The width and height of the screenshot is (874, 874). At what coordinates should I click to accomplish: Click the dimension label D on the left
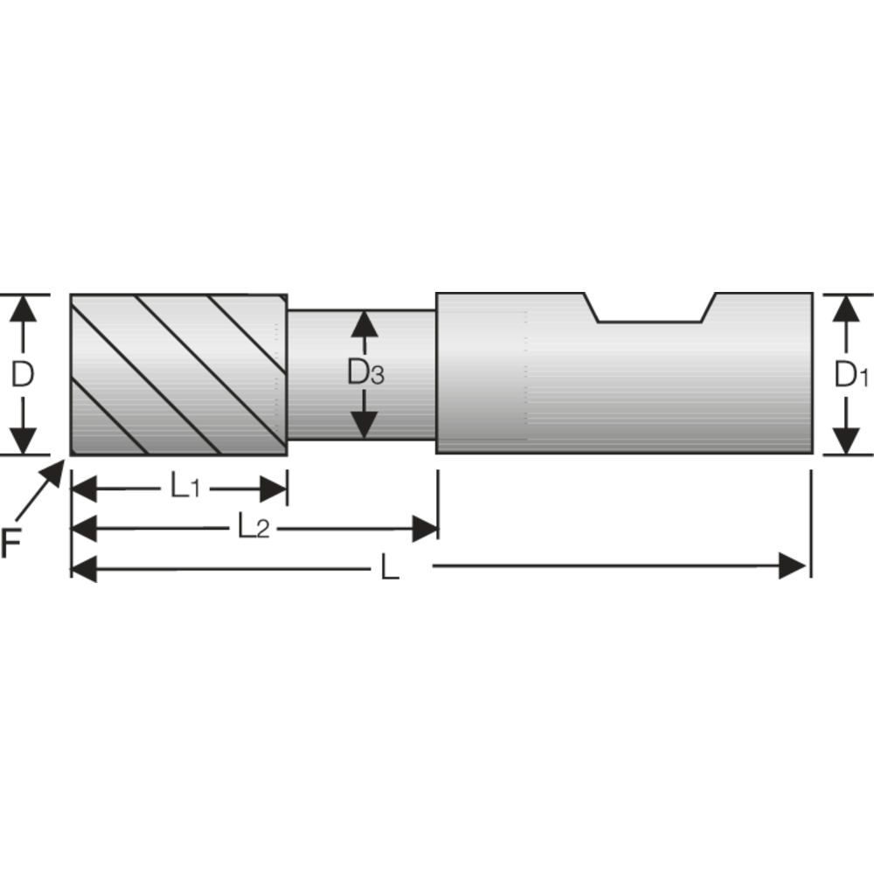coord(22,375)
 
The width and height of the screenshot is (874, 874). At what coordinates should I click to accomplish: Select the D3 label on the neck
coord(365,374)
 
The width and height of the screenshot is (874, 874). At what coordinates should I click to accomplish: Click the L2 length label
coord(253,527)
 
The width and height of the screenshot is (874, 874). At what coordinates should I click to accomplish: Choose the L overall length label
coord(389,569)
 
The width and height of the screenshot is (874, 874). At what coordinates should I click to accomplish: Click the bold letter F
coord(10,545)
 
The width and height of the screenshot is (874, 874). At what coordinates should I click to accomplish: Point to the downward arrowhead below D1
coord(844,440)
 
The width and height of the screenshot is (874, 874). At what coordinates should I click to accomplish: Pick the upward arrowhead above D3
coord(364,324)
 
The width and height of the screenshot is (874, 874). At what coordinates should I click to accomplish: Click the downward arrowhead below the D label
coord(24,441)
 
